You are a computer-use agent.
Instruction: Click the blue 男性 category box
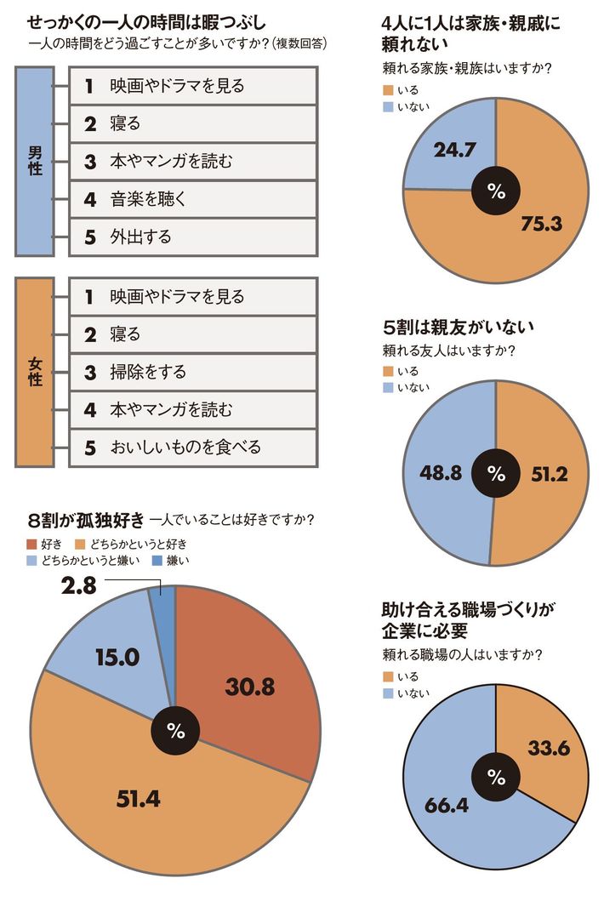[35, 160]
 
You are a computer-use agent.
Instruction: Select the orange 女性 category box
[35, 372]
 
